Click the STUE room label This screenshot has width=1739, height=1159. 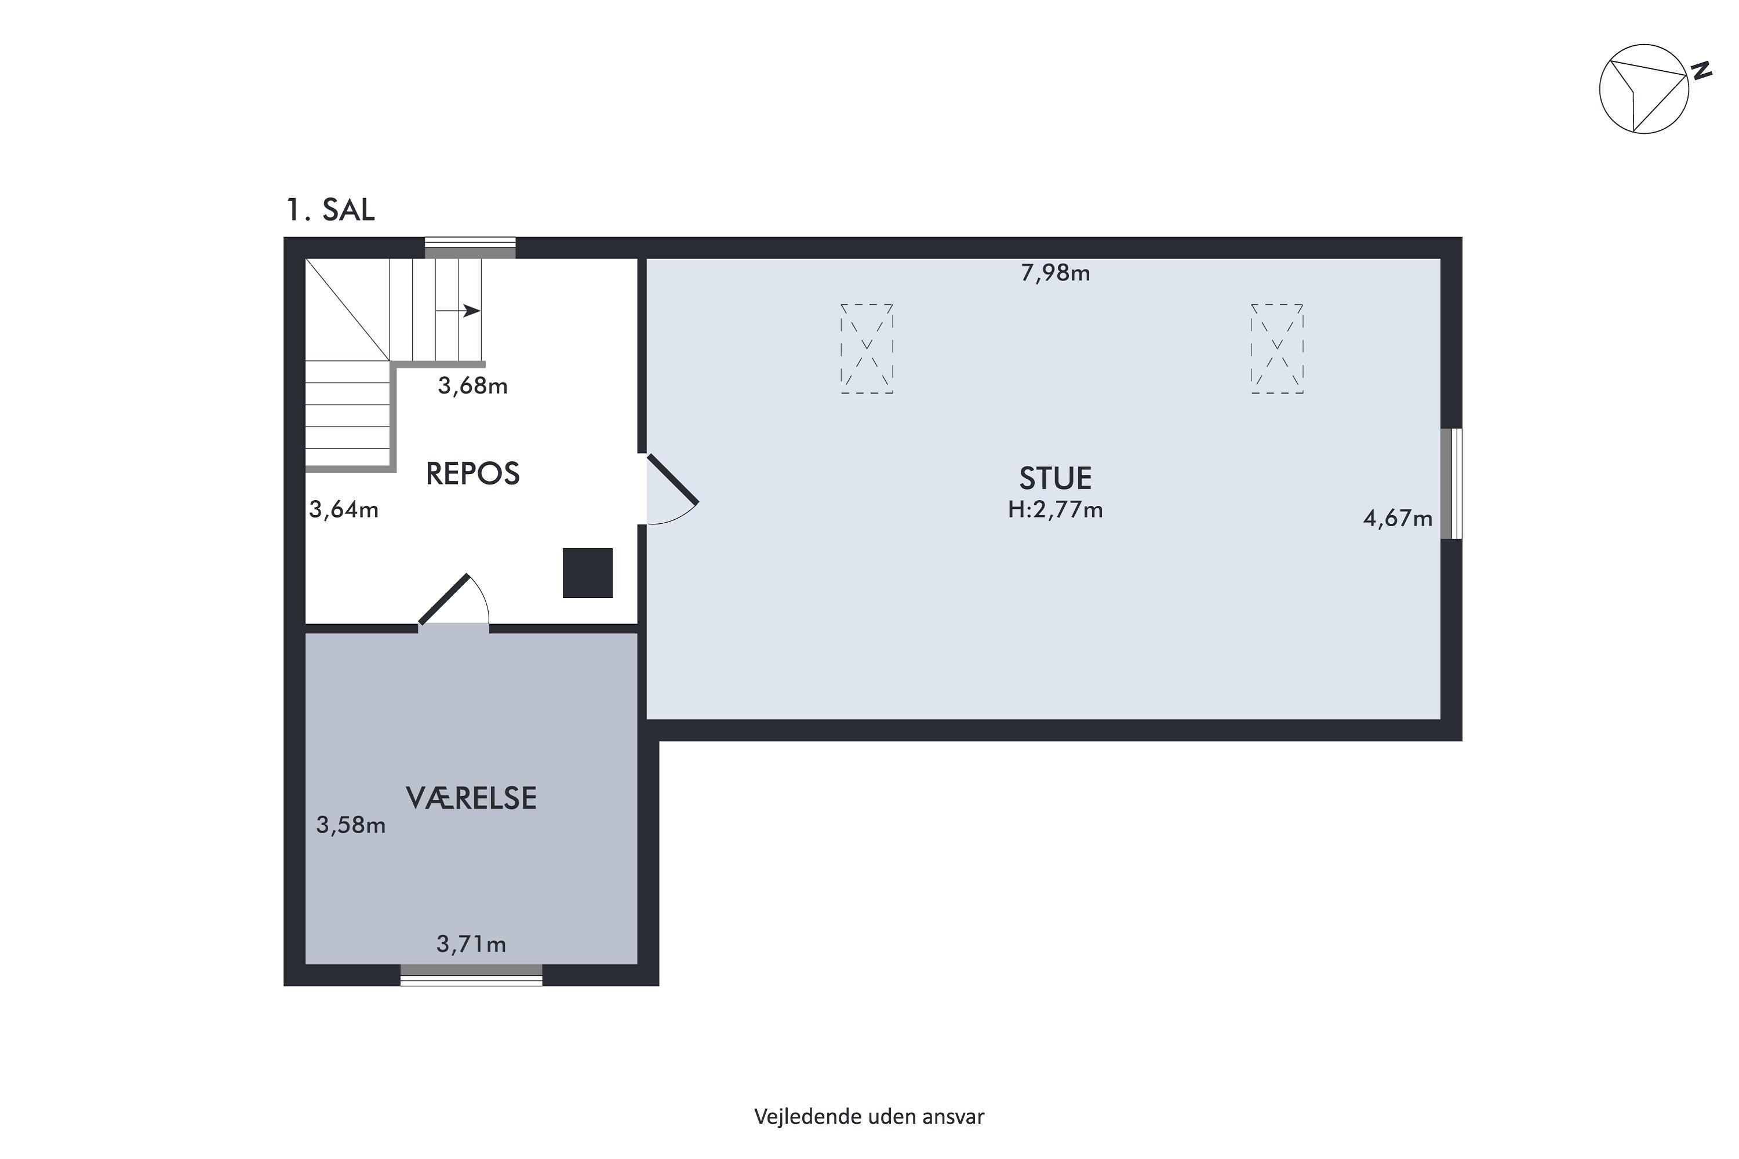pos(1055,478)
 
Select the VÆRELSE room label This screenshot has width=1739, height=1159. pos(471,799)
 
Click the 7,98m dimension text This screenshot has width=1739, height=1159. pos(1055,274)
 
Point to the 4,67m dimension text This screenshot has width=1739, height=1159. pos(1398,519)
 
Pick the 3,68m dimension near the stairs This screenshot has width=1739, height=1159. pos(472,386)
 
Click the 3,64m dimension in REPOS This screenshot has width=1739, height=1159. pos(344,509)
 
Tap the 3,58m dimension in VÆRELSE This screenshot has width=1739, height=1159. pos(351,825)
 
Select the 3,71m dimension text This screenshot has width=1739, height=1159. pos(471,944)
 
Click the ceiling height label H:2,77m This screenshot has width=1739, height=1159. pos(1055,510)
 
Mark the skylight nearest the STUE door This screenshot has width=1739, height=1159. pos(867,348)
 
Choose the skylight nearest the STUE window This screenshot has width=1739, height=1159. pos(1277,348)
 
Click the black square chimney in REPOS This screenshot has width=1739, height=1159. pos(588,573)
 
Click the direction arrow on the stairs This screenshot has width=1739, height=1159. pos(459,311)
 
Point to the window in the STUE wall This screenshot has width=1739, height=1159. pos(1451,484)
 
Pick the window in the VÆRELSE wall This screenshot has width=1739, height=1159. pos(471,975)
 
